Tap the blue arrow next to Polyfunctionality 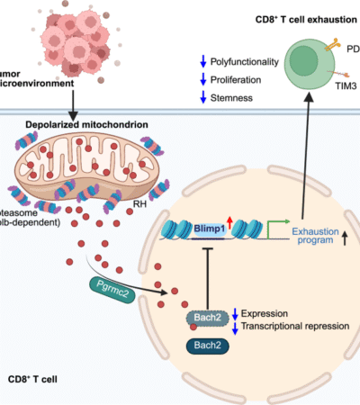click(x=203, y=62)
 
